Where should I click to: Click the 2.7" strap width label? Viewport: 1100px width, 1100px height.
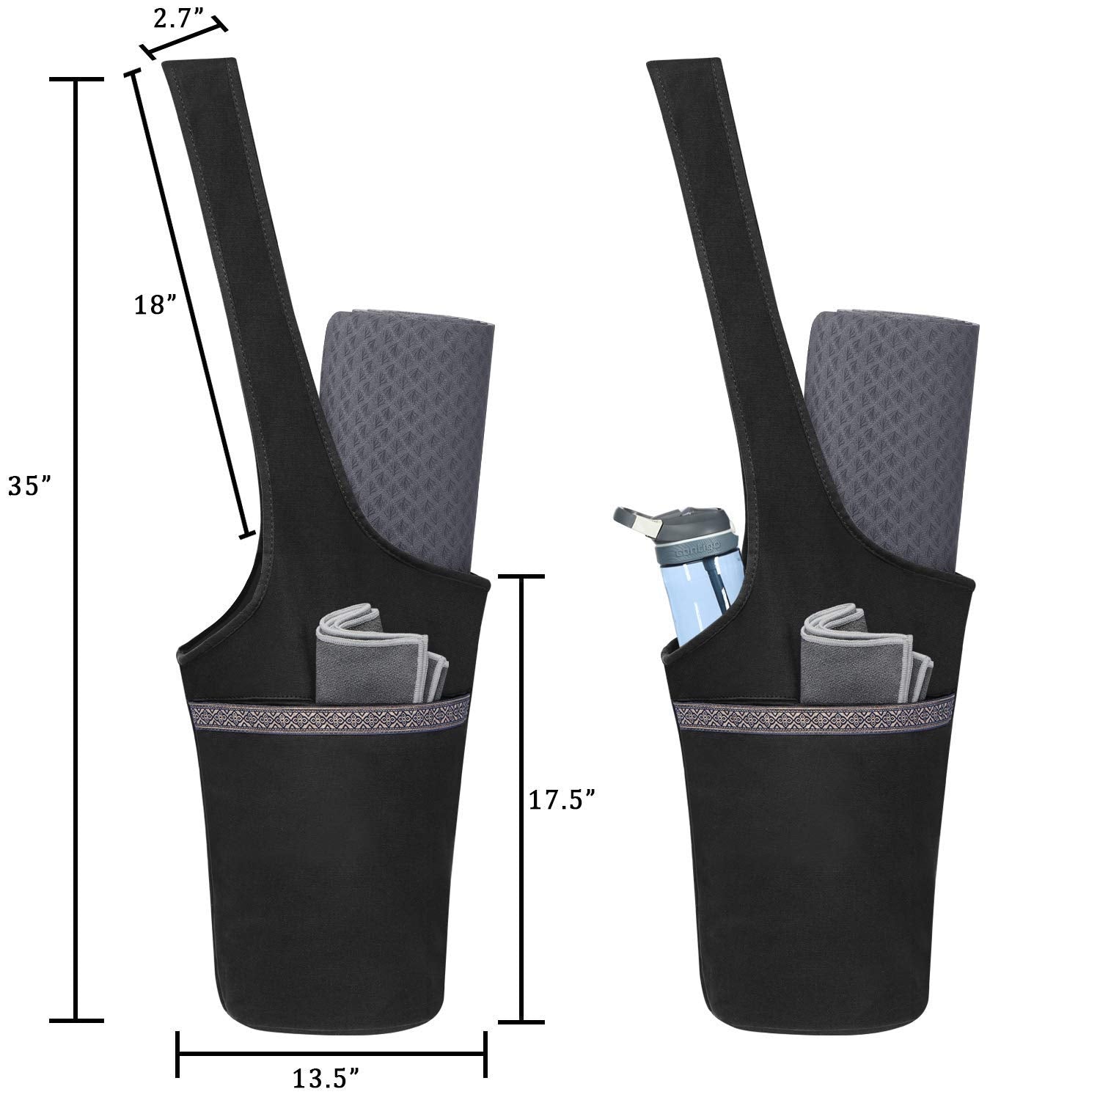pos(179,19)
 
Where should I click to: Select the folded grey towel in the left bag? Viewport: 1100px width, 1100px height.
pos(381,654)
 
